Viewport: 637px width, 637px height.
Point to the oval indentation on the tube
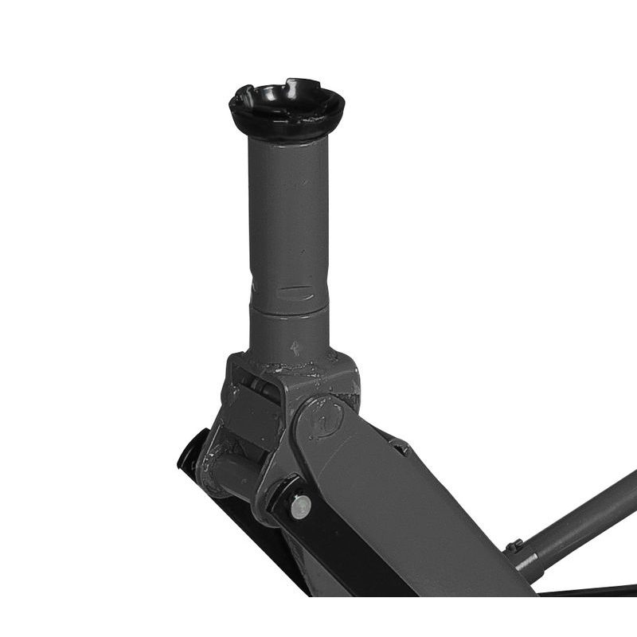pos(295,291)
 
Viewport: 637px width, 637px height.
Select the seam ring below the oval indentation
pos(289,308)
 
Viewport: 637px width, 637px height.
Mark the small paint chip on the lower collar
pos(295,348)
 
